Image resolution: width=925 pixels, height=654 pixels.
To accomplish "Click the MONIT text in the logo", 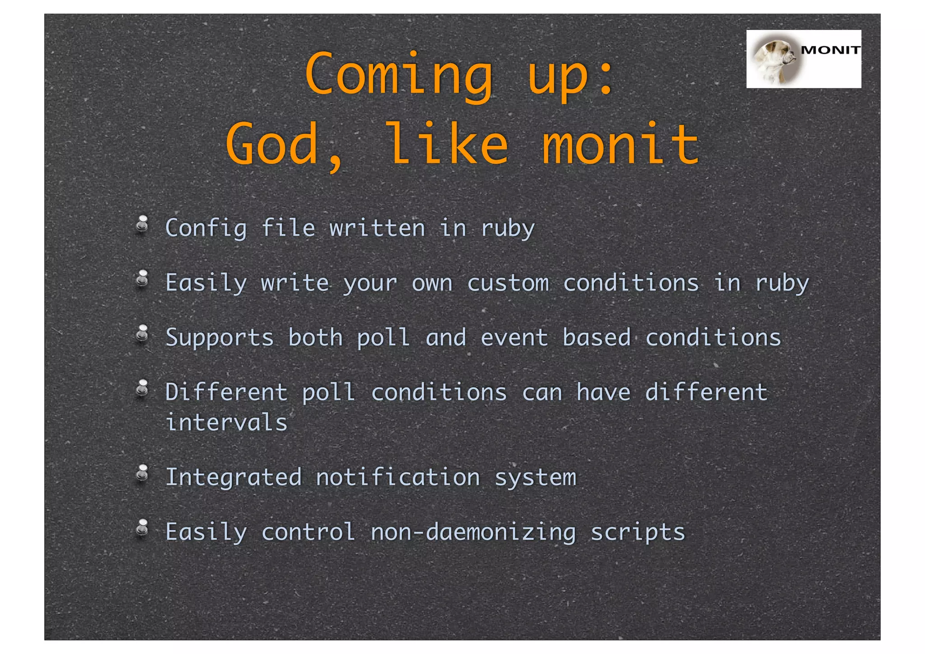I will (x=830, y=50).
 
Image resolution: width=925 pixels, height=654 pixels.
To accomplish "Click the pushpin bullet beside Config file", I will (x=142, y=224).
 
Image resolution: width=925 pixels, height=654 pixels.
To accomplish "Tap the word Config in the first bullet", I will (x=206, y=228).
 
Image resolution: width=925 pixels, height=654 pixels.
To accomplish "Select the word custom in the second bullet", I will (x=508, y=283).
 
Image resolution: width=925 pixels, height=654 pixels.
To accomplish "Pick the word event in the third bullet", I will (x=514, y=338).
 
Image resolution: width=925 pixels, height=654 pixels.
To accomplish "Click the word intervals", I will (x=226, y=423).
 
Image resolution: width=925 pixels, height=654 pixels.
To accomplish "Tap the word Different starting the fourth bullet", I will (x=226, y=392).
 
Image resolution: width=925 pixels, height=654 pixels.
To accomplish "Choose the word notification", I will (x=397, y=478).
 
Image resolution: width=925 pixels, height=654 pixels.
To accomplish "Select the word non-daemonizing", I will (x=473, y=532).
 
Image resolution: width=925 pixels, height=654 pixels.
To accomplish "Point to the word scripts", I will (x=638, y=532).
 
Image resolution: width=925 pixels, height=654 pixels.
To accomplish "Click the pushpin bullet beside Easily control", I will (x=142, y=528).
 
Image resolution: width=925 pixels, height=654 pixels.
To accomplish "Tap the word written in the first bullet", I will (x=377, y=228).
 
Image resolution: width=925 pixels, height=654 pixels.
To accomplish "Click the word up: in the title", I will (x=570, y=75).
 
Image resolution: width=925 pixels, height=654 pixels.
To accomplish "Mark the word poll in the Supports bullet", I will (x=383, y=338).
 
